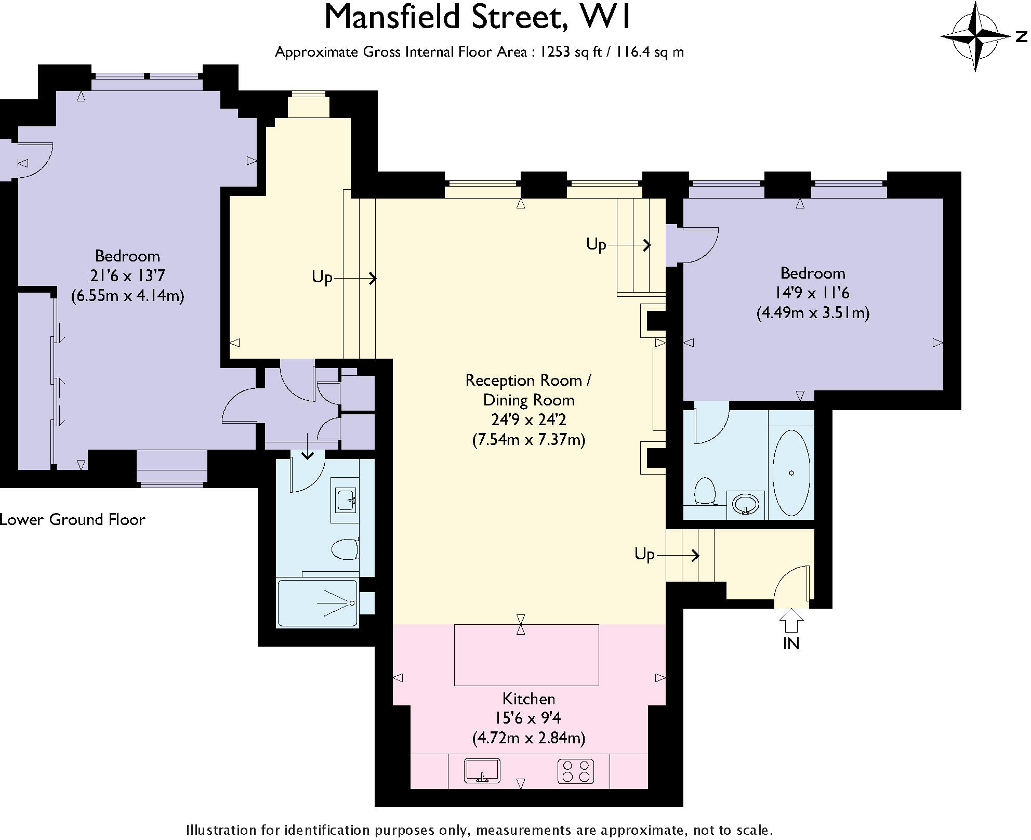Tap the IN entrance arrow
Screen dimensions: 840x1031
click(791, 621)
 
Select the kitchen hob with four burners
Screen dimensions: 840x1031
click(576, 771)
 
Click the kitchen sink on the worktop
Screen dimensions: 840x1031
click(482, 771)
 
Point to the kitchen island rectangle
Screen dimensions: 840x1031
click(526, 655)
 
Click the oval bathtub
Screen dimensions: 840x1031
click(791, 472)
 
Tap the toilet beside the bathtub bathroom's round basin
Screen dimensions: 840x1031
click(705, 491)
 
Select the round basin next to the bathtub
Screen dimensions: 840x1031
click(746, 504)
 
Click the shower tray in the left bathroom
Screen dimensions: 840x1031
click(318, 603)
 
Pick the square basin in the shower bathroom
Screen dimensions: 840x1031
click(345, 500)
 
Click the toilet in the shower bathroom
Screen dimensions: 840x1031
click(345, 548)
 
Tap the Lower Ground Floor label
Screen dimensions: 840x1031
click(72, 519)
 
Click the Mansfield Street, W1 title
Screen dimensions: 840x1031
click(477, 17)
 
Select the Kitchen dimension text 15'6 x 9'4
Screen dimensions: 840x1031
click(527, 718)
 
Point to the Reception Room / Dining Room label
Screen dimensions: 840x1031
click(528, 390)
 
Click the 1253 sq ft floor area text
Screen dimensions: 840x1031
click(568, 52)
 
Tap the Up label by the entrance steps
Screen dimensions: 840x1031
click(644, 554)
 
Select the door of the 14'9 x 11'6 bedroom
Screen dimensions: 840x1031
click(700, 244)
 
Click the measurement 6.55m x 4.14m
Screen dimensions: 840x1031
click(127, 295)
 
